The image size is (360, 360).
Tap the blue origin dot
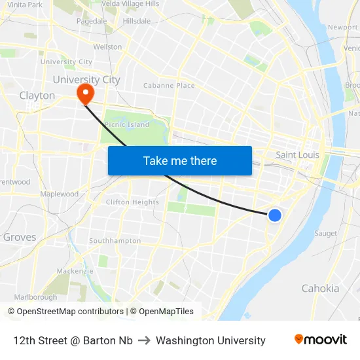pyautogui.click(x=275, y=215)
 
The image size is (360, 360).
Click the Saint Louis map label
pyautogui.click(x=297, y=155)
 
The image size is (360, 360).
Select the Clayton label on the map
pyautogui.click(x=37, y=96)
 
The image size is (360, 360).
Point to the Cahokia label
pyautogui.click(x=320, y=289)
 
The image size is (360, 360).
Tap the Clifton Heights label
pyautogui.click(x=132, y=202)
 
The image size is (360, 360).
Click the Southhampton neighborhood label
pyautogui.click(x=115, y=241)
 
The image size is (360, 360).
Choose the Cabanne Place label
pyautogui.click(x=169, y=86)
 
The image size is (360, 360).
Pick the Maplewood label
pyautogui.click(x=59, y=194)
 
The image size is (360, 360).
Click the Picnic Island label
pyautogui.click(x=127, y=125)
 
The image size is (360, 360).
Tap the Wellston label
pyautogui.click(x=107, y=47)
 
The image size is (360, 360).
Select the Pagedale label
pyautogui.click(x=92, y=21)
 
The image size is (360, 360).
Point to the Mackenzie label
pyautogui.click(x=75, y=271)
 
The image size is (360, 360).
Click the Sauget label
pyautogui.click(x=325, y=234)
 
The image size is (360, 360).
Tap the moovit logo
pyautogui.click(x=320, y=340)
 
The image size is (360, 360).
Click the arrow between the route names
pyautogui.click(x=144, y=340)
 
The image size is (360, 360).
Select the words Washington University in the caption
pyautogui.click(x=211, y=340)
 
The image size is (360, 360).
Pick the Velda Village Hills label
pyautogui.click(x=131, y=4)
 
